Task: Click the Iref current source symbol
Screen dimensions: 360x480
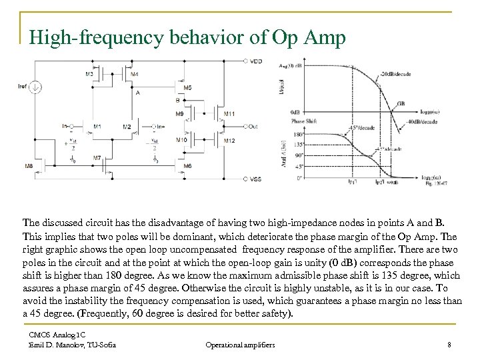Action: [37, 85]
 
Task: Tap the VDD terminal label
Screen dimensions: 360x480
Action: [256, 62]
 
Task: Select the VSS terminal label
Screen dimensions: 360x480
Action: [256, 179]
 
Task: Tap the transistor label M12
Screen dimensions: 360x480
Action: [229, 141]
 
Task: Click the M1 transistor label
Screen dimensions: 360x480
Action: [97, 126]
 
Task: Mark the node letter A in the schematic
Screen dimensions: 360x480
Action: [137, 93]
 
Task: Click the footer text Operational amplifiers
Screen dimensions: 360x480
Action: [241, 344]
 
